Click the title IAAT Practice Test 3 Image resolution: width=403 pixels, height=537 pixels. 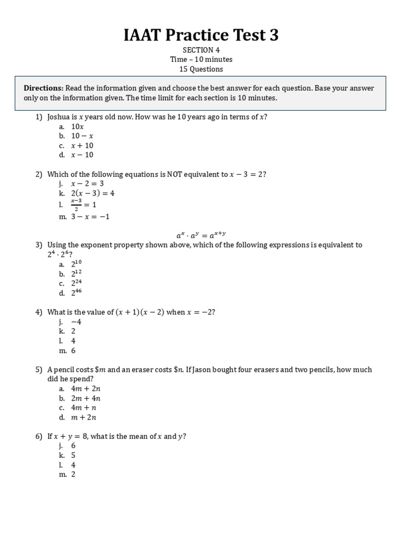[x=201, y=35]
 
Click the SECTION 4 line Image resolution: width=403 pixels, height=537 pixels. [x=201, y=50]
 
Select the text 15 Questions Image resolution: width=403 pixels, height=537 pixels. [x=201, y=69]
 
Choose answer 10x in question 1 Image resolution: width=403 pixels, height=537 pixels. [x=78, y=126]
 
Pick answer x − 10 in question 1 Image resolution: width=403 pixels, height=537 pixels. [x=82, y=155]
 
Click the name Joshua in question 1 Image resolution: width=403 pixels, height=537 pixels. [x=58, y=117]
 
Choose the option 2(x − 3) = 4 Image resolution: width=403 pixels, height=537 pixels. [x=93, y=193]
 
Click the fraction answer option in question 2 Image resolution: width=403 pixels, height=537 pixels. [x=83, y=205]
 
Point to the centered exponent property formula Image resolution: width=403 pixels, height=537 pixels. [x=201, y=235]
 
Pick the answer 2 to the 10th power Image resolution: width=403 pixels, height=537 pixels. [x=77, y=264]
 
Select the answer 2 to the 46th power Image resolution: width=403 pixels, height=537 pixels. [x=77, y=293]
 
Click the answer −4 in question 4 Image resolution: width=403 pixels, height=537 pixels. [x=77, y=322]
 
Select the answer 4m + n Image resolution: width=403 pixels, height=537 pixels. [x=84, y=407]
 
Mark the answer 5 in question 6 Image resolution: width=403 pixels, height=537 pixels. [x=73, y=455]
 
